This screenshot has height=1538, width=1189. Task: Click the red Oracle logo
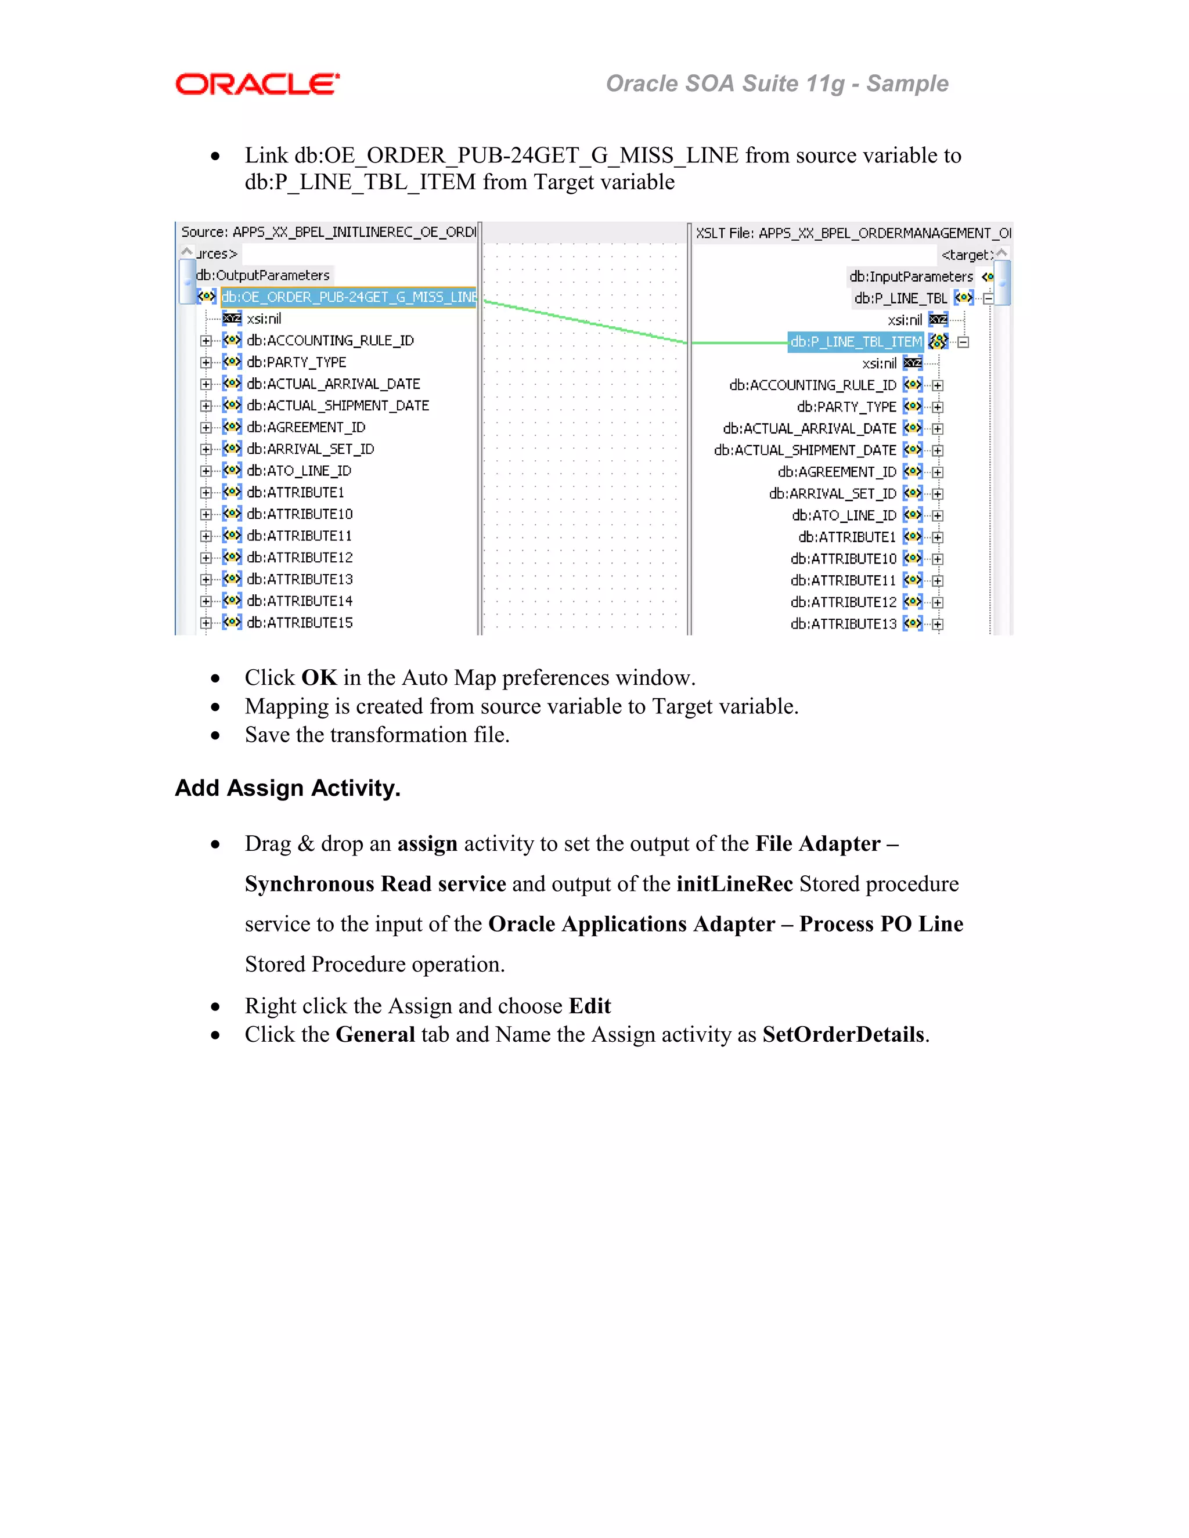(x=257, y=85)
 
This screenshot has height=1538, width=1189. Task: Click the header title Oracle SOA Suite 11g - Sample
(x=776, y=84)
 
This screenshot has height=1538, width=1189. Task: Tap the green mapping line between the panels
(x=585, y=320)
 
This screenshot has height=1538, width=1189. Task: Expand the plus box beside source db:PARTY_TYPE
(x=206, y=363)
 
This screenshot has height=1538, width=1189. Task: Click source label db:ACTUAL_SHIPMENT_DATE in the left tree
(x=337, y=406)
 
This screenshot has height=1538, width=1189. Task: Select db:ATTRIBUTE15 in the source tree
(x=300, y=623)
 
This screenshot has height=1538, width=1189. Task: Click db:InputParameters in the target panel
(x=910, y=277)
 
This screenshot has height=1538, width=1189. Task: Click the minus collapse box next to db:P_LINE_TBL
(x=988, y=298)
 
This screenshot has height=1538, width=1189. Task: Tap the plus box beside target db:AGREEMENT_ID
(x=938, y=472)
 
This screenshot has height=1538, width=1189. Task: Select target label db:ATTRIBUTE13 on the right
(x=843, y=624)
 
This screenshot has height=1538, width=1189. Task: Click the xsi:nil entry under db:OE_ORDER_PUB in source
(x=264, y=319)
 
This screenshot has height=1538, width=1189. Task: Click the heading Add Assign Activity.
(x=287, y=788)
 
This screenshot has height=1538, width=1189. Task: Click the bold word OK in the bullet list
(x=319, y=677)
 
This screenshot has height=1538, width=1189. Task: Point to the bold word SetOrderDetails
(x=843, y=1034)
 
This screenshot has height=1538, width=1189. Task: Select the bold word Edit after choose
(x=590, y=1006)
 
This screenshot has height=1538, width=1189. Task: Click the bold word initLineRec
(x=734, y=884)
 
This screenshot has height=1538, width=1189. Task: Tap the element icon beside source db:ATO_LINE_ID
(x=232, y=471)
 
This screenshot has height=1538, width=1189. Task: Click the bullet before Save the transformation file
(x=215, y=736)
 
